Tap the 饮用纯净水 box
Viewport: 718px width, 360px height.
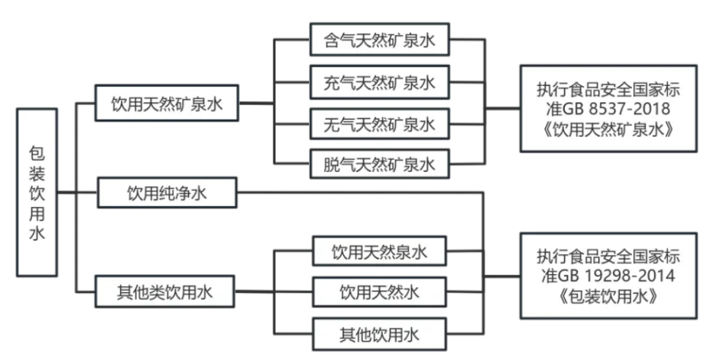pos(167,193)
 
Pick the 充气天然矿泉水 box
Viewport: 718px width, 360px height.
pos(379,81)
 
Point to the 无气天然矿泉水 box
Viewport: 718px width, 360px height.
pos(379,123)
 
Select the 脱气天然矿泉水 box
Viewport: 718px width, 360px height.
pos(379,164)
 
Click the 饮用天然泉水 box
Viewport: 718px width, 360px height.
pos(379,251)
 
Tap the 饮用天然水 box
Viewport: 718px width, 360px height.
pos(379,292)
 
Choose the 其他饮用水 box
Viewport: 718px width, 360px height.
pos(379,333)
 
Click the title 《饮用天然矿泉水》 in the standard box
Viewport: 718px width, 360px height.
pos(609,129)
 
